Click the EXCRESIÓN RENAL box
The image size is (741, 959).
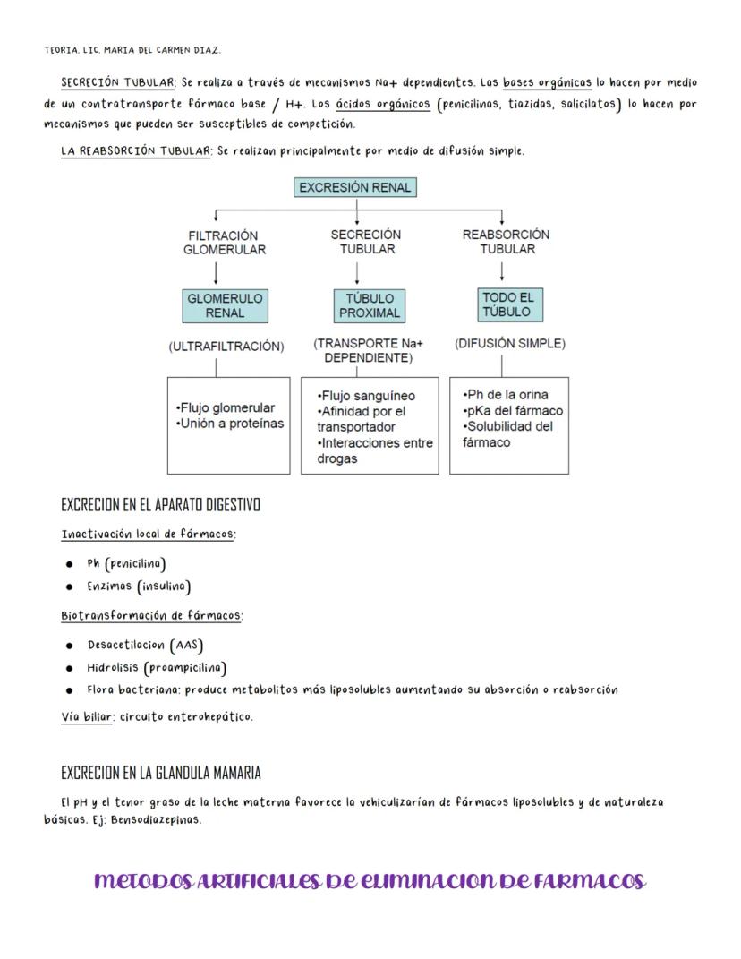point(355,188)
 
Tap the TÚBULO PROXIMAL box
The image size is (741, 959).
point(369,305)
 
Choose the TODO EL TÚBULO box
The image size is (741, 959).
point(507,304)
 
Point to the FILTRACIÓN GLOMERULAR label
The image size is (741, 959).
point(225,243)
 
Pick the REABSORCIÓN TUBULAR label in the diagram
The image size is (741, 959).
point(506,242)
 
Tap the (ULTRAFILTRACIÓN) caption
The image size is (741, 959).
point(226,347)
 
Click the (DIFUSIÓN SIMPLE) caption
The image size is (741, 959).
point(510,343)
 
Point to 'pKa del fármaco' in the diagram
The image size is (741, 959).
point(515,410)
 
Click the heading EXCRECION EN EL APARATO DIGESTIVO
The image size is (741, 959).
point(160,505)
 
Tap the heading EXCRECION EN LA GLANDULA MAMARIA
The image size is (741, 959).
point(161,772)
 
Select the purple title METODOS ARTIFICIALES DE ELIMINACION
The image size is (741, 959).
point(370,881)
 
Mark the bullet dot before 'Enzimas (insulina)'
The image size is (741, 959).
point(69,587)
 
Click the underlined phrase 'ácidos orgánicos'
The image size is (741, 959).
point(382,104)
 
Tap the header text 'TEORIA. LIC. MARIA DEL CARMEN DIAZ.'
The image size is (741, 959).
point(132,49)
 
